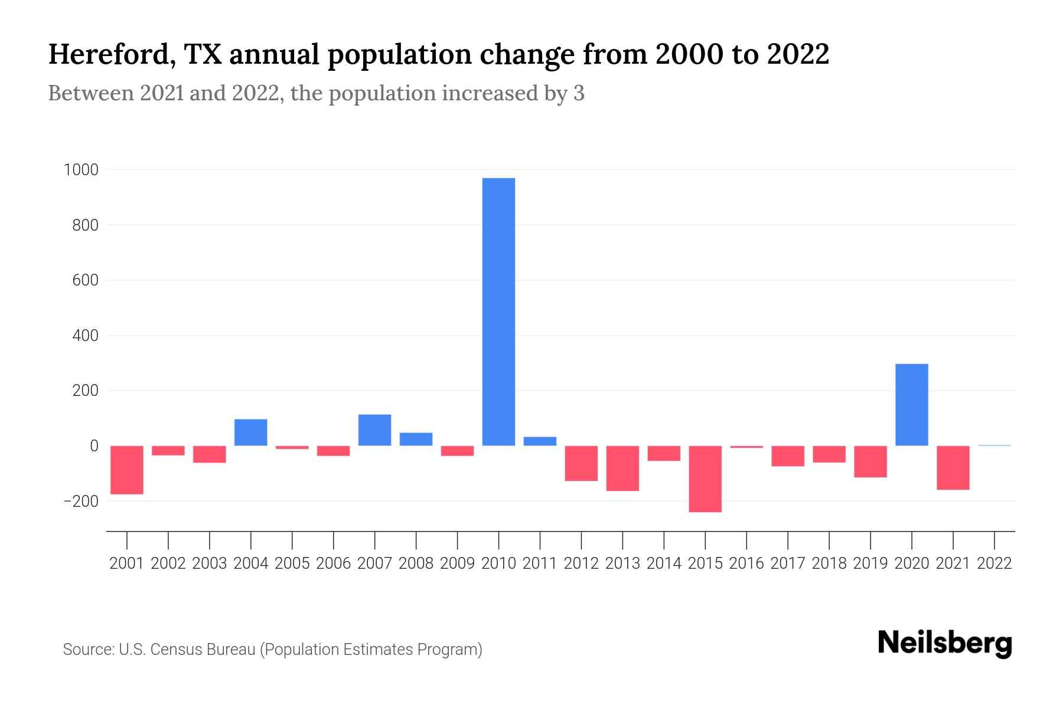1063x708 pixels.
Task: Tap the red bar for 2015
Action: (705, 478)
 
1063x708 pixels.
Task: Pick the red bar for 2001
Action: (127, 470)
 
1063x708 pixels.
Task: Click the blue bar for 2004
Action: (251, 432)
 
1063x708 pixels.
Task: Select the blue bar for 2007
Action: (374, 430)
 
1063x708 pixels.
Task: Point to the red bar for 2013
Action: (622, 468)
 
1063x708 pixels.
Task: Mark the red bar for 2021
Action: (953, 467)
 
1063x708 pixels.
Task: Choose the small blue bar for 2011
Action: (540, 441)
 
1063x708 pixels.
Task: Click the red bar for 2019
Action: (870, 461)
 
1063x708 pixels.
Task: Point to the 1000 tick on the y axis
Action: (81, 170)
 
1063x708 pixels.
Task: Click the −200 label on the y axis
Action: (81, 501)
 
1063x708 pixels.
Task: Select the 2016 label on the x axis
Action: (746, 563)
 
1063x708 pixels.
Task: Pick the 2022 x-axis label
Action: (994, 563)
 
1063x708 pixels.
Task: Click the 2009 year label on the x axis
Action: (457, 563)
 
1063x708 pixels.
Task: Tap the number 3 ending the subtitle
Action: (579, 93)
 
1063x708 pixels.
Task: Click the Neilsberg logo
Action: (945, 643)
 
